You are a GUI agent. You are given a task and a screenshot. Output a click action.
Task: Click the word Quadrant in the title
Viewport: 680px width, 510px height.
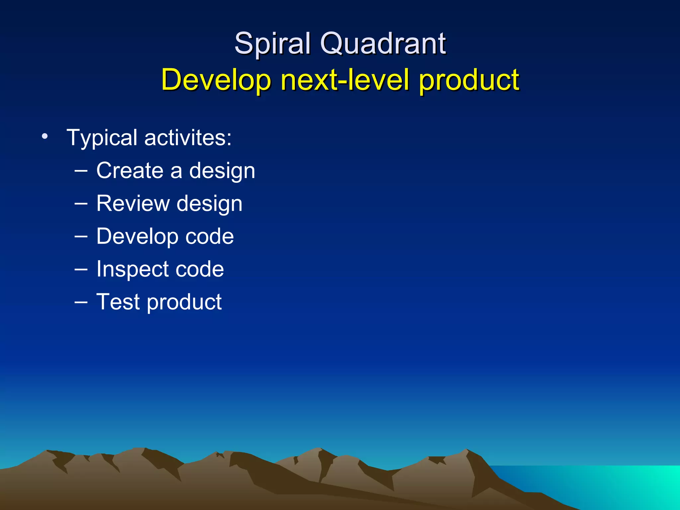click(x=383, y=44)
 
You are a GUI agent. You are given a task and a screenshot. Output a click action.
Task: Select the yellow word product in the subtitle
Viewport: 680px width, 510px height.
click(x=469, y=80)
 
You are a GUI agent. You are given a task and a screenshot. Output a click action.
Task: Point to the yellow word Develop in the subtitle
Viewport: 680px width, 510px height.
click(x=216, y=80)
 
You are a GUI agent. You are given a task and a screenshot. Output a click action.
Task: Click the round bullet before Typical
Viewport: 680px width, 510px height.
click(x=45, y=136)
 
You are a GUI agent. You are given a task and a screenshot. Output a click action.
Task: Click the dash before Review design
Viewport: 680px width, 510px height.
click(x=81, y=204)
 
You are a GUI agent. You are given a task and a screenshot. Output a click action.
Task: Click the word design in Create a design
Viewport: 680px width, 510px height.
click(x=222, y=171)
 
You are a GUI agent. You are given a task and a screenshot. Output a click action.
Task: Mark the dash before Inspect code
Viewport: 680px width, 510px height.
click(x=81, y=269)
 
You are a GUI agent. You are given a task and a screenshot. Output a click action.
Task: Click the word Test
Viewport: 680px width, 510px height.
click(x=118, y=302)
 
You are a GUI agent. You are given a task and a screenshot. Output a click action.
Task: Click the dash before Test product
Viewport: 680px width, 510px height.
click(x=81, y=302)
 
